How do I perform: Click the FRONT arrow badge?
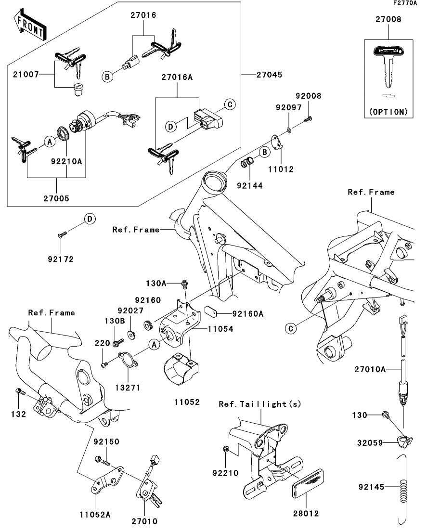[30, 27]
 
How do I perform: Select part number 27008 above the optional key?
[388, 20]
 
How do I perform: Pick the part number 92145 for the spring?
[371, 487]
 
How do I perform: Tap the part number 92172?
[60, 259]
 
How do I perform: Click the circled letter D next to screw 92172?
[89, 220]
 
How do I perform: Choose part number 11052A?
[95, 515]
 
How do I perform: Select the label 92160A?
[248, 314]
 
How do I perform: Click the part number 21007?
[23, 75]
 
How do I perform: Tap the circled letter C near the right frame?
[290, 329]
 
